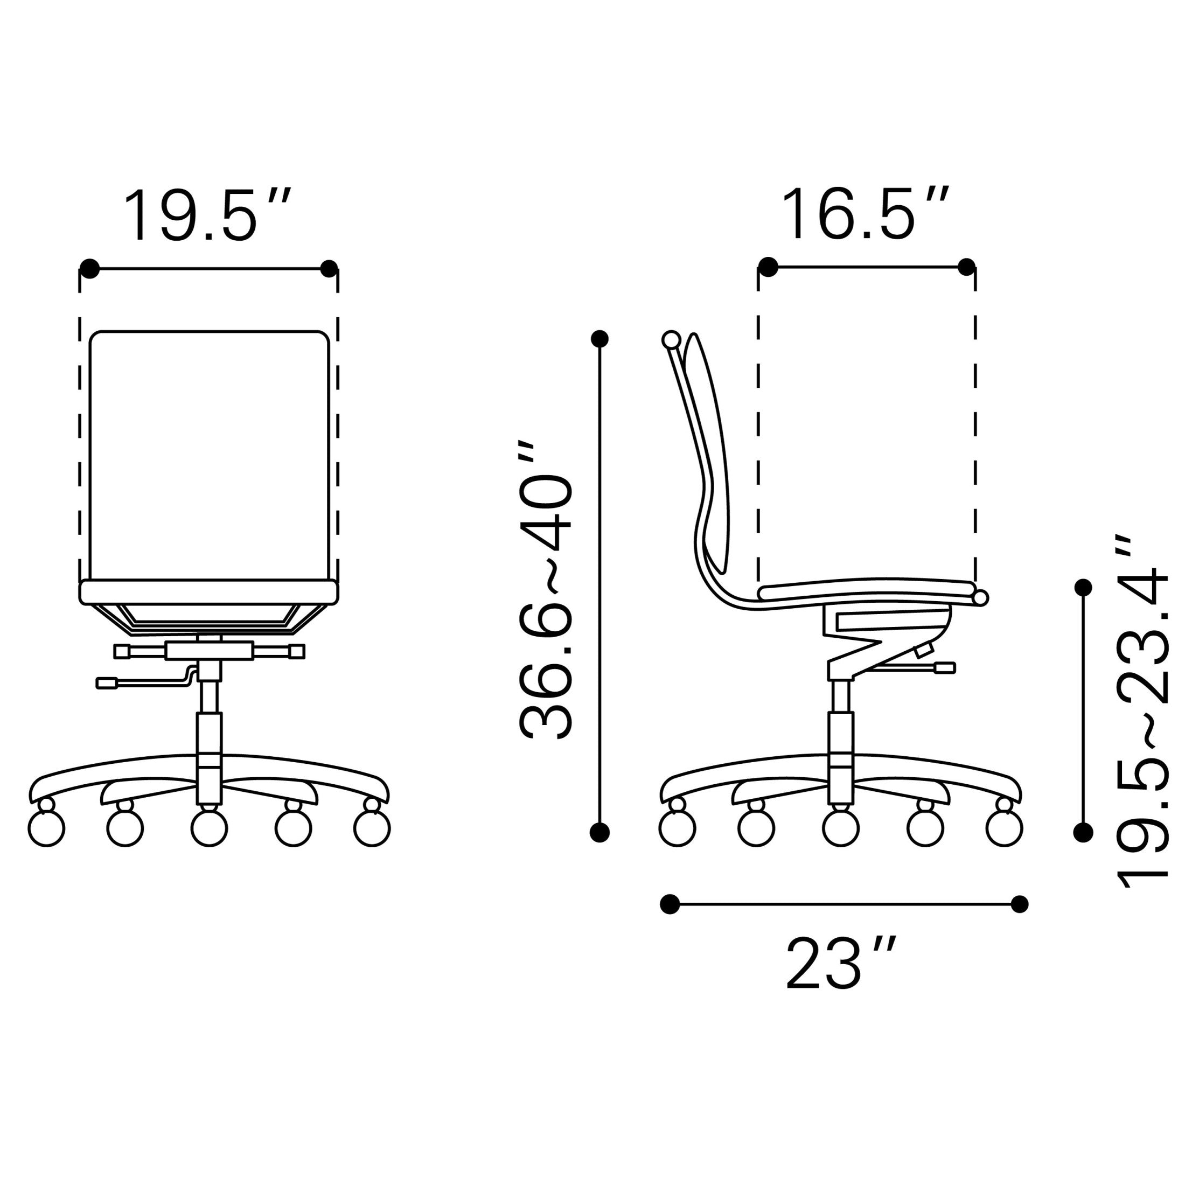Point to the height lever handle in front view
107,682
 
